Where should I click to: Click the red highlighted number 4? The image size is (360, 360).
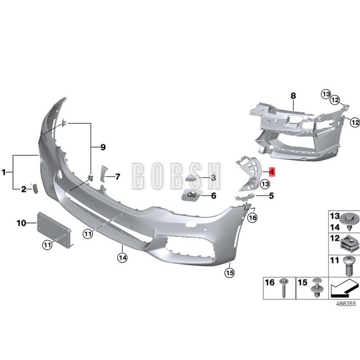pyautogui.click(x=272, y=172)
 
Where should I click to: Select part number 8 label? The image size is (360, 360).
pyautogui.click(x=293, y=95)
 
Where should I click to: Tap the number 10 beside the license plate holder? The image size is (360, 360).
pyautogui.click(x=22, y=223)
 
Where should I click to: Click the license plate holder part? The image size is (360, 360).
pyautogui.click(x=54, y=230)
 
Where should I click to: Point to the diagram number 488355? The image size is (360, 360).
pyautogui.click(x=345, y=304)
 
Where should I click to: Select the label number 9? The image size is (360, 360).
pyautogui.click(x=103, y=147)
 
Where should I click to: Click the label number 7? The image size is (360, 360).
pyautogui.click(x=117, y=177)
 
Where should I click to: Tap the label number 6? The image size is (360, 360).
pyautogui.click(x=213, y=196)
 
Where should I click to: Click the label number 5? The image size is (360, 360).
pyautogui.click(x=271, y=196)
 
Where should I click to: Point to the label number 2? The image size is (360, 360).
pyautogui.click(x=23, y=189)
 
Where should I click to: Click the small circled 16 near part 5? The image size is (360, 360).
pyautogui.click(x=252, y=218)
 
